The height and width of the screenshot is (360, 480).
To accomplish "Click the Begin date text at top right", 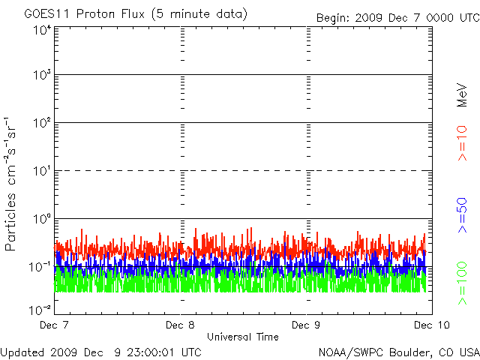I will pyautogui.click(x=397, y=16).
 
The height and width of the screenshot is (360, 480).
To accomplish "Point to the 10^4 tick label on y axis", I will pyautogui.click(x=41, y=29).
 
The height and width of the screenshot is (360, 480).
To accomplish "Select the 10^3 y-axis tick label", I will pyautogui.click(x=41, y=76).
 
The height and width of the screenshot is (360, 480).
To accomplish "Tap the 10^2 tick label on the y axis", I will pyautogui.click(x=41, y=123).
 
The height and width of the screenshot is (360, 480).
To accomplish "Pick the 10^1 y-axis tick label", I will pyautogui.click(x=41, y=171).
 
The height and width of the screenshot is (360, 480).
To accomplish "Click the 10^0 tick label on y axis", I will pyautogui.click(x=41, y=219).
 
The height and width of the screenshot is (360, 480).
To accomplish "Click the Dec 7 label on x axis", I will pyautogui.click(x=55, y=325).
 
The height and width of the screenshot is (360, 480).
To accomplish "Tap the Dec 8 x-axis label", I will pyautogui.click(x=181, y=325).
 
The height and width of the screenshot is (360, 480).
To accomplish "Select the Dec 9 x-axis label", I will pyautogui.click(x=306, y=325).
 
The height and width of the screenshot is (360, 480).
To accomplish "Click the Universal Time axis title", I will pyautogui.click(x=243, y=337).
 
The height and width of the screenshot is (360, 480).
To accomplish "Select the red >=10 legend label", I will pyautogui.click(x=463, y=143).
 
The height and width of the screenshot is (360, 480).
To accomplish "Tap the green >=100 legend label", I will pyautogui.click(x=463, y=283).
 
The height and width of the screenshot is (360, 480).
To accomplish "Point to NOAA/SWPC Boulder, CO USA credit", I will pyautogui.click(x=398, y=352).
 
